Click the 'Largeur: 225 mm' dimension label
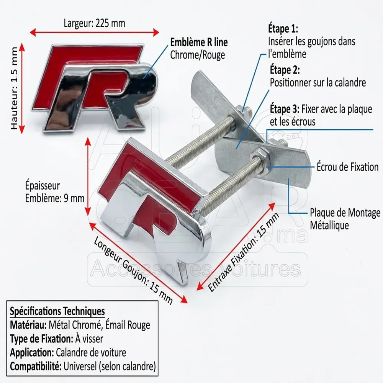click(x=94, y=23)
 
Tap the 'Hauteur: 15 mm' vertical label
click(x=15, y=88)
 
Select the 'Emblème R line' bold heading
click(x=199, y=42)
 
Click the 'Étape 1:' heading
click(x=283, y=29)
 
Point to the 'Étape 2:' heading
click(x=285, y=70)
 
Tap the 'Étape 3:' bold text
click(x=285, y=109)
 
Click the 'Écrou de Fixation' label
click(x=348, y=167)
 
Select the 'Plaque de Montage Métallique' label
click(x=345, y=219)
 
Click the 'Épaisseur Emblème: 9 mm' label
click(x=55, y=192)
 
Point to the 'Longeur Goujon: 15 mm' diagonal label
click(x=133, y=270)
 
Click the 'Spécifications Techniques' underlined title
click(x=57, y=311)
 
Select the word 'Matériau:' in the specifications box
click(x=28, y=325)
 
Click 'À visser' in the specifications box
click(x=89, y=339)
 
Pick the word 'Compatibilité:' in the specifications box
click(x=36, y=367)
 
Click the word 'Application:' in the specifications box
click(x=32, y=353)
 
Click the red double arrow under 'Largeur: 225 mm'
click(x=94, y=32)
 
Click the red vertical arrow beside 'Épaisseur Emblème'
click(x=88, y=176)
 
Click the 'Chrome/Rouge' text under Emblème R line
click(x=197, y=55)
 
